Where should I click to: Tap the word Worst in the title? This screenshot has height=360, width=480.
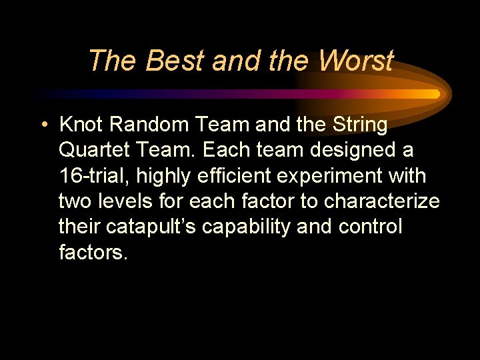[355, 61]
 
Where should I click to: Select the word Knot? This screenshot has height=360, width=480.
[79, 125]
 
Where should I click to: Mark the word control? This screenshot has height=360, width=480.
[370, 227]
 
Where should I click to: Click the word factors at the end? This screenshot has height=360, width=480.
[93, 252]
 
